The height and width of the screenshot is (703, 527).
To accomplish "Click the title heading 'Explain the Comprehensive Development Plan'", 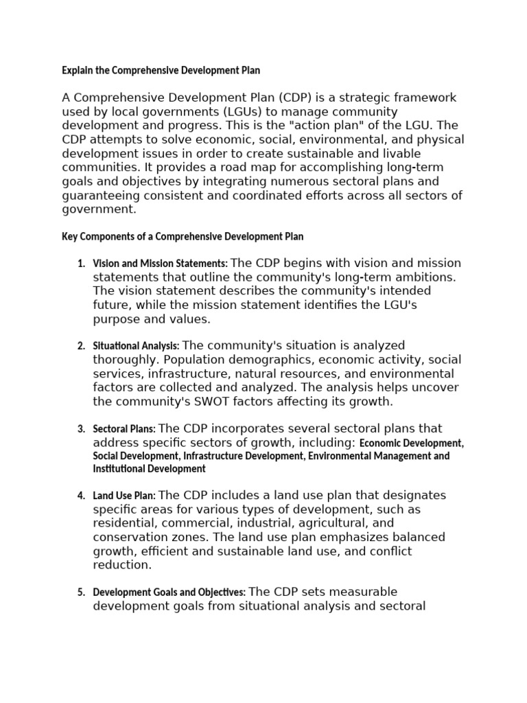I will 161,70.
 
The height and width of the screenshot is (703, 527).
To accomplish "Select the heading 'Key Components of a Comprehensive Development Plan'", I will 183,236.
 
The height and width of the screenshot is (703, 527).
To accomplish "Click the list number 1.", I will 80,264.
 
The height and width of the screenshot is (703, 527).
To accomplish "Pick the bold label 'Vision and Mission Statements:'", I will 160,264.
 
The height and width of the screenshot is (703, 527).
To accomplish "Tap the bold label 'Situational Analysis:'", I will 136,346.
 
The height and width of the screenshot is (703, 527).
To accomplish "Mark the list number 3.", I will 80,429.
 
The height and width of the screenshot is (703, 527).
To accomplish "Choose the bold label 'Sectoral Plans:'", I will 124,429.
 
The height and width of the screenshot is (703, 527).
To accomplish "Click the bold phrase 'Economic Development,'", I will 412,443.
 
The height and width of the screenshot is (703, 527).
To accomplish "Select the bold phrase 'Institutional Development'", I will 149,469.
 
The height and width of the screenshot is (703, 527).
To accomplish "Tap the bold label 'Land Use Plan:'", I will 124,496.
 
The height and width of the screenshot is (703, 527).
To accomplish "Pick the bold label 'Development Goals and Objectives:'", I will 169,592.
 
